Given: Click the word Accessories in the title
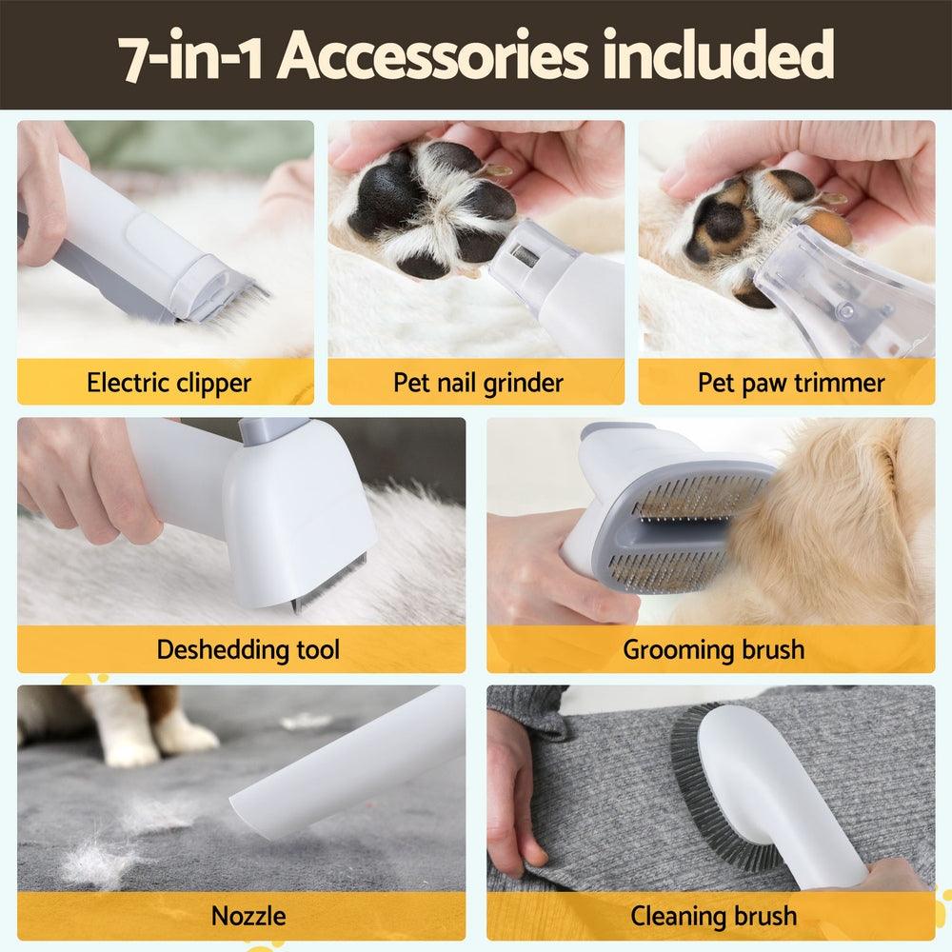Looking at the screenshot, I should (432, 56).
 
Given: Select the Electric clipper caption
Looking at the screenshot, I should (169, 383).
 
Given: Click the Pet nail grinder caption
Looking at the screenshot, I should (478, 383).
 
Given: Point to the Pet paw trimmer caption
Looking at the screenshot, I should (790, 383).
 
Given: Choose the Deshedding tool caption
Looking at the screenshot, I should (248, 650).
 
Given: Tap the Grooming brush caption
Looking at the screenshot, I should (713, 650).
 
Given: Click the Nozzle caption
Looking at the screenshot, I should (248, 916).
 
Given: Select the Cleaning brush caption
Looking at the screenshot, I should (713, 916).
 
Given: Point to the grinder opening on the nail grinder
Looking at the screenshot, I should (523, 255).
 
